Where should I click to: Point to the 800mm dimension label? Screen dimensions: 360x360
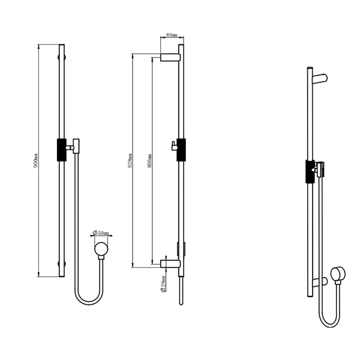[x=149, y=160]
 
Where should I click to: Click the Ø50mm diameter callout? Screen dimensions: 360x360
[x=101, y=233]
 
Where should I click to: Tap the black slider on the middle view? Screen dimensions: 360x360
[x=181, y=149]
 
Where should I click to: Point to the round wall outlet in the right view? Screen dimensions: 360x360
[x=340, y=275]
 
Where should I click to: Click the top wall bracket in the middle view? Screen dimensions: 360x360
[x=172, y=57]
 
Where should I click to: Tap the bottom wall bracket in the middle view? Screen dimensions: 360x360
[x=172, y=262]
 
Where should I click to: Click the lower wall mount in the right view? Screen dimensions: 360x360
[x=322, y=280]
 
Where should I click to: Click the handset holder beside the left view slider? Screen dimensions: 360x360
[x=75, y=145]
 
